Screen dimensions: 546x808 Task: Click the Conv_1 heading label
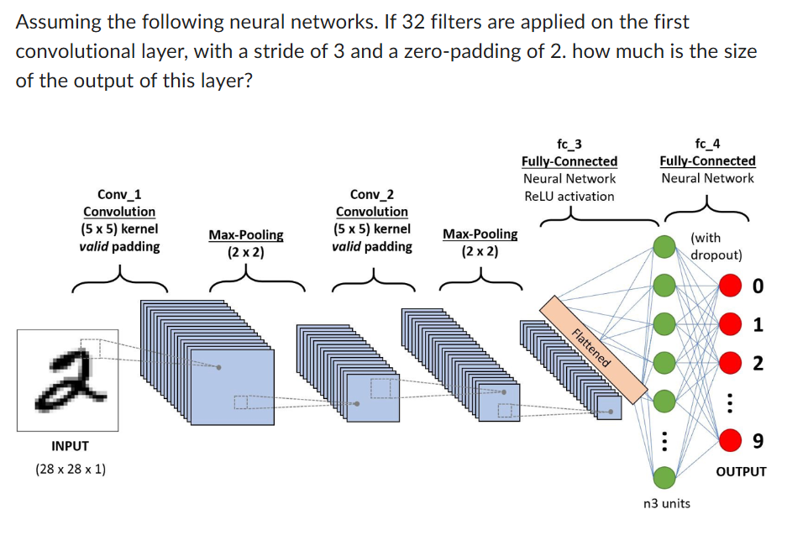pos(119,194)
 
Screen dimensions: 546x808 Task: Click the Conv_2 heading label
pos(371,194)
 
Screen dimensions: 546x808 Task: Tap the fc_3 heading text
pos(569,144)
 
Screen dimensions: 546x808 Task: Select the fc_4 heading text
pos(707,144)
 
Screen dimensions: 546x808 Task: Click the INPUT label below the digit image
pos(70,446)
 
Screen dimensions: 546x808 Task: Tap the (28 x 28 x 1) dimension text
pos(71,468)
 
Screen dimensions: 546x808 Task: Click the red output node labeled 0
pos(730,286)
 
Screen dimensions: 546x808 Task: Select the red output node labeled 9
pos(730,439)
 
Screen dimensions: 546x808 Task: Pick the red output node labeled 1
pos(730,323)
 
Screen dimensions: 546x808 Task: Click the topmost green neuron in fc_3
pos(664,246)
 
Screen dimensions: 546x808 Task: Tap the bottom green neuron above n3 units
pos(664,477)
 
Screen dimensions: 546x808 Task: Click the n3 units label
pos(665,503)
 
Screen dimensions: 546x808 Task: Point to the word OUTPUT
pos(741,471)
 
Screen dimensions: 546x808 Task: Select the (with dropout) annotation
pos(716,246)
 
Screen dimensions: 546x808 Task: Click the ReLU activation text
pos(569,196)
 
